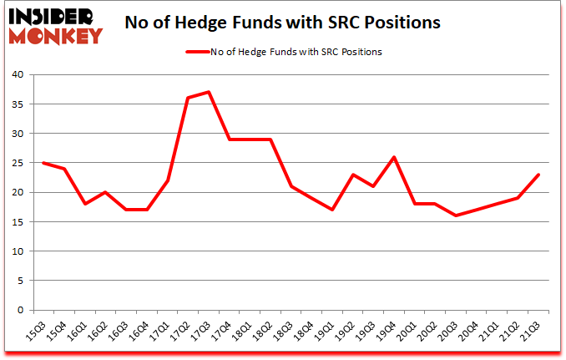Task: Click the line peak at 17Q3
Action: (208, 92)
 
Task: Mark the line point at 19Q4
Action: (393, 157)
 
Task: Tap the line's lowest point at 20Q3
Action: (455, 215)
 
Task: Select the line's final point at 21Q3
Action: (538, 175)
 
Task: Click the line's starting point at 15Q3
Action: (43, 163)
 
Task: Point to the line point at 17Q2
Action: (188, 98)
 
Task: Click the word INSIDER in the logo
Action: (55, 15)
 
